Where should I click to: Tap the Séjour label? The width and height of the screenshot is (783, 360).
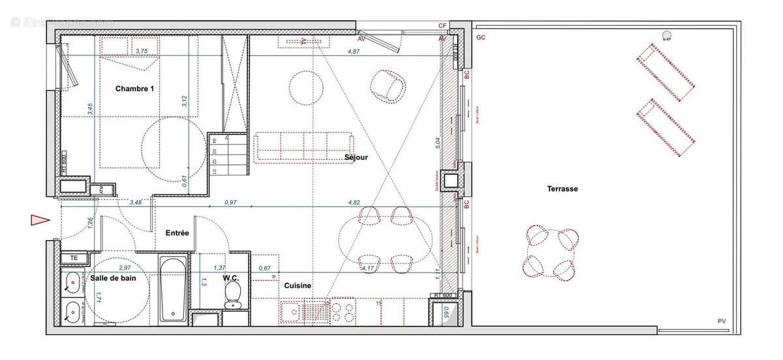(x=357, y=157)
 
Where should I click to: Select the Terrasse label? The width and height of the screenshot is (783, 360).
(x=562, y=188)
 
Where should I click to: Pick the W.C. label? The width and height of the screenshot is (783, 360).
(x=231, y=278)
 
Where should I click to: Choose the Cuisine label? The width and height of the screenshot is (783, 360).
(x=297, y=286)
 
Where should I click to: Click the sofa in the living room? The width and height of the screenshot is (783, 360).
(x=304, y=146)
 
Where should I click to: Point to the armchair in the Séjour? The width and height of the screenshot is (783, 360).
(x=387, y=85)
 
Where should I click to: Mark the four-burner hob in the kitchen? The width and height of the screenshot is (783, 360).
(x=346, y=311)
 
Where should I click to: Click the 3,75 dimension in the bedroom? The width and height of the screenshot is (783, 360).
(x=140, y=51)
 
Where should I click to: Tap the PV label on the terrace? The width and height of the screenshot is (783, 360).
(x=721, y=321)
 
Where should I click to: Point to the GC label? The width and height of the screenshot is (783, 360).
(x=481, y=38)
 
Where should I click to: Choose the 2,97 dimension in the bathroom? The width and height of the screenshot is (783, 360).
(x=125, y=267)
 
